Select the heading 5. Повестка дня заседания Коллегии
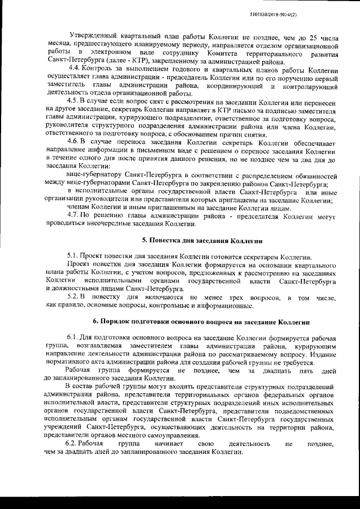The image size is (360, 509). pyautogui.click(x=202, y=240)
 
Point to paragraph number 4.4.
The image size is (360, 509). pyautogui.click(x=73, y=69)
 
